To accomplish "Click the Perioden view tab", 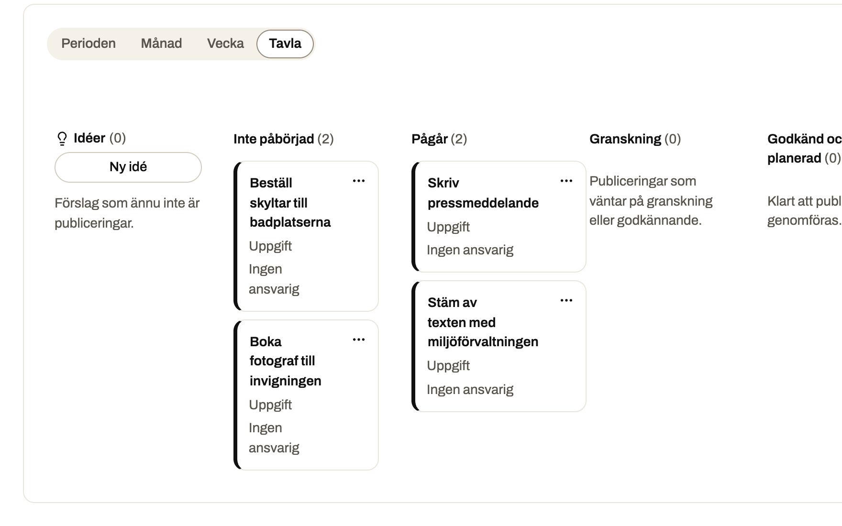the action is pos(89,44).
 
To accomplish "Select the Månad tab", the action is pos(161,44).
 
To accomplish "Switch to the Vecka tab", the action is pos(225,44).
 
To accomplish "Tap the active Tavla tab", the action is pos(285,44).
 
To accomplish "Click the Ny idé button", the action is pos(128,167).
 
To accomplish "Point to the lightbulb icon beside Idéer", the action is pos(62,139).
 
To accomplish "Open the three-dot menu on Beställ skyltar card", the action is pos(359,181).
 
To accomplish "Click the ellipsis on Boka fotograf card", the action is pos(359,340).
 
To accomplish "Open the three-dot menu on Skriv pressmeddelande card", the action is pos(566,181).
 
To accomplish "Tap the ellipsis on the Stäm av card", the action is pos(566,300).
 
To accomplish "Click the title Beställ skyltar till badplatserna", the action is pos(290,203).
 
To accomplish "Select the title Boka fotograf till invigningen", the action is pos(286,361).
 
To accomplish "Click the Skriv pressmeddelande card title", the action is pos(483,193).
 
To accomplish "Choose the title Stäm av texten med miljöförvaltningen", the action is pos(483,322).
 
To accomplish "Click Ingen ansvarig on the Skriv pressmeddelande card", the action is pos(470,250).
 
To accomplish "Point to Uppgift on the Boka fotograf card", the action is pos(270,405).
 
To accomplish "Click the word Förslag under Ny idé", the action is pos(77,204).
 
